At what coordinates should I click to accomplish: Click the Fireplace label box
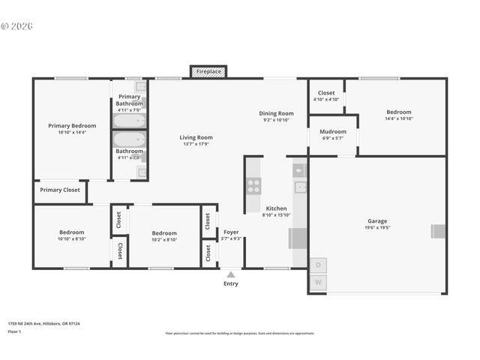click(x=208, y=72)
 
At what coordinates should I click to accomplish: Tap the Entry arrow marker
click(x=230, y=275)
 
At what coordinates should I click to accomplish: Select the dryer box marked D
click(x=318, y=265)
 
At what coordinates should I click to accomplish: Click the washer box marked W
click(x=318, y=282)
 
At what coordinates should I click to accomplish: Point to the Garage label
click(x=377, y=221)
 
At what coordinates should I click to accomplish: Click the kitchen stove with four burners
click(x=253, y=185)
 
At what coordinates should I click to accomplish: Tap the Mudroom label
click(x=333, y=131)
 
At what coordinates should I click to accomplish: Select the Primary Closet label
click(x=60, y=190)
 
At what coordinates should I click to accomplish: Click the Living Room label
click(x=196, y=137)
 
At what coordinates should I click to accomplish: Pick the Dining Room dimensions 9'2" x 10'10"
click(x=276, y=120)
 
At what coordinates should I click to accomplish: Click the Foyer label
click(x=231, y=232)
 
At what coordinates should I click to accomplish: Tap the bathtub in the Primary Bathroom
click(x=129, y=121)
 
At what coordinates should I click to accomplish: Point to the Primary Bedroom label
click(x=72, y=125)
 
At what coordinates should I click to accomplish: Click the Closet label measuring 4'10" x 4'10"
click(x=326, y=99)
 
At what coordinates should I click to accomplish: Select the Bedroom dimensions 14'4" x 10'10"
click(x=398, y=118)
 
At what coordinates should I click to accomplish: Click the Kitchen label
click(x=276, y=208)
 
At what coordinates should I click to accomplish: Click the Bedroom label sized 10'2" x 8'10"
click(x=164, y=232)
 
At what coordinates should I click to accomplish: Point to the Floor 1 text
click(x=13, y=331)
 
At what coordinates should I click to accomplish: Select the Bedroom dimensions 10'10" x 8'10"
click(x=72, y=238)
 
